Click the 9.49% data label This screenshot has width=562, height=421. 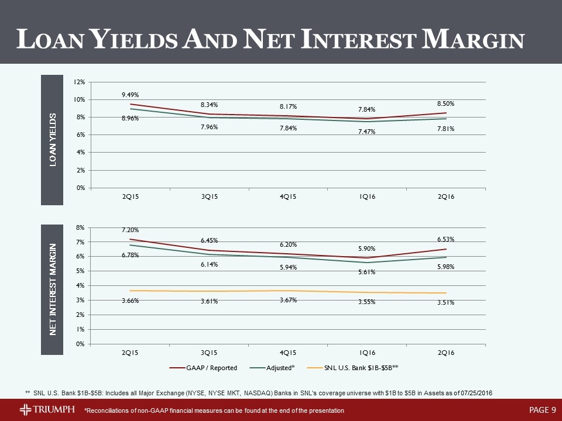click(130, 94)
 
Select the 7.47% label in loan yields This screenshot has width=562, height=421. click(367, 132)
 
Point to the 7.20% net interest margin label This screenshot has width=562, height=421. click(130, 230)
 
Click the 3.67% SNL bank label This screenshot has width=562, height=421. click(288, 299)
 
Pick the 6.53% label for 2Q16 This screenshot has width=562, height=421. click(446, 239)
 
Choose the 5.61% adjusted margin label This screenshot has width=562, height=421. click(367, 271)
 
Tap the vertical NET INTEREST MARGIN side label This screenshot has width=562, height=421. click(52, 288)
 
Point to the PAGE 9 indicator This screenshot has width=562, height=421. click(542, 409)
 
